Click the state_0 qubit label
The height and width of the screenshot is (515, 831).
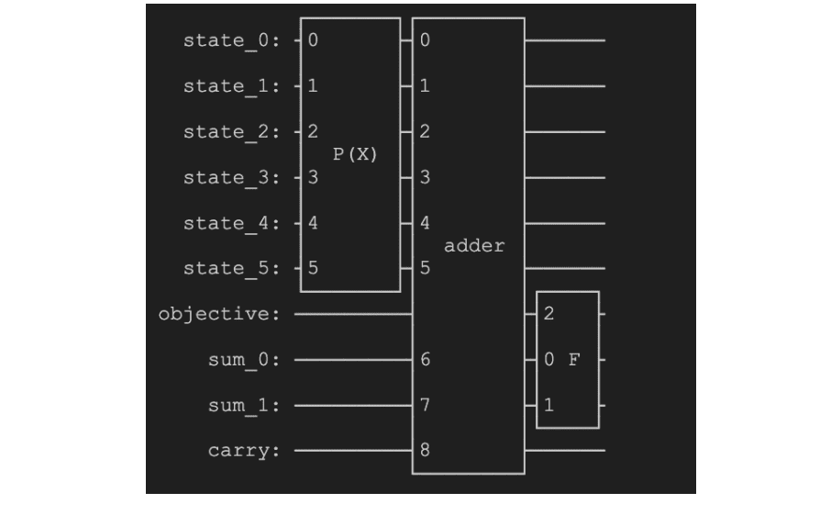[237, 40]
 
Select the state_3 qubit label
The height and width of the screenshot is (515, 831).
[237, 177]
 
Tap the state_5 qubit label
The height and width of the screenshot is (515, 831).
[237, 268]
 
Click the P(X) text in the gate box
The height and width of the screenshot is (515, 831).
[354, 154]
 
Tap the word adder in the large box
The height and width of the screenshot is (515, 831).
[474, 246]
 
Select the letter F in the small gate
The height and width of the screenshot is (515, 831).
[574, 359]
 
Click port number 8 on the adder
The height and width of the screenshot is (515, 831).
[425, 451]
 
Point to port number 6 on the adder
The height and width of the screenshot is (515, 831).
[425, 359]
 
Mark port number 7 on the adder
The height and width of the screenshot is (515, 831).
[425, 405]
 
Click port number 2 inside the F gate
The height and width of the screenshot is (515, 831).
[548, 314]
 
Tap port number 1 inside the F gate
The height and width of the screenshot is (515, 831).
[548, 405]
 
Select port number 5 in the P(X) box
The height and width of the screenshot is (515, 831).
[313, 268]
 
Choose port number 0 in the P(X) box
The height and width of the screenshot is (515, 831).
[313, 40]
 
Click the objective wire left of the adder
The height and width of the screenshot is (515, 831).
[353, 314]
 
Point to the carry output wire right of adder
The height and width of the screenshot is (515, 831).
[564, 451]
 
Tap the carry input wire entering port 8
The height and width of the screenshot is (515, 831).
[353, 451]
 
